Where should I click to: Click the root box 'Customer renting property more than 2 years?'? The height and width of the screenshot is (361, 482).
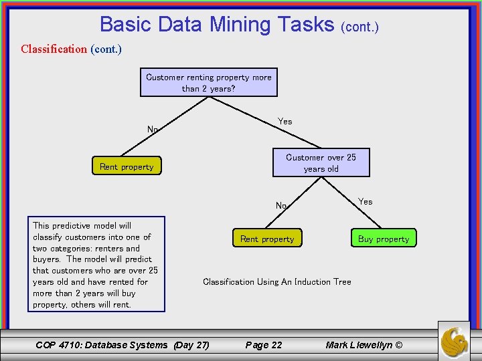pos(209,82)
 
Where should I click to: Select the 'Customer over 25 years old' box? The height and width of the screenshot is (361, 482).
pos(321,162)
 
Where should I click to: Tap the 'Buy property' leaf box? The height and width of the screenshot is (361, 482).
pos(383,239)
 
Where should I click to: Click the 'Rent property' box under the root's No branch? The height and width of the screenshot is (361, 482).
pos(127,166)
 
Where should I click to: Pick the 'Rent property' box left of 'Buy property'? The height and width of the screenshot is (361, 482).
pos(267,239)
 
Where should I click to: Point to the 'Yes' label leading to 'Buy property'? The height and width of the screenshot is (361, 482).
pos(366,201)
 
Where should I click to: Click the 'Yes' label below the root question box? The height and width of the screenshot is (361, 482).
pos(285,121)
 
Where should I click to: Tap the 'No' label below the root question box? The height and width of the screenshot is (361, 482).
pos(153,129)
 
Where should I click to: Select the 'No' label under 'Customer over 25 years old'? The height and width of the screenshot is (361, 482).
pos(281,205)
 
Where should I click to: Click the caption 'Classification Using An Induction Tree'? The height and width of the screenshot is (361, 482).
pos(276,281)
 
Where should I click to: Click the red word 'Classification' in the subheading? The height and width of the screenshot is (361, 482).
pos(54,49)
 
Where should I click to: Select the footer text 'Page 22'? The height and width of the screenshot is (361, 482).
pos(264,345)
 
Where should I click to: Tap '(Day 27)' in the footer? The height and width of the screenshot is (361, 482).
pos(191,345)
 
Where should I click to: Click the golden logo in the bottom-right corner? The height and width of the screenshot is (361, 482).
pos(454,342)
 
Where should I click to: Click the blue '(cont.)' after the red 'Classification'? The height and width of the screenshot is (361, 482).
pos(106,49)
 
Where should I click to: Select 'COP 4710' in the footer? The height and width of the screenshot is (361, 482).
pos(58,345)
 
